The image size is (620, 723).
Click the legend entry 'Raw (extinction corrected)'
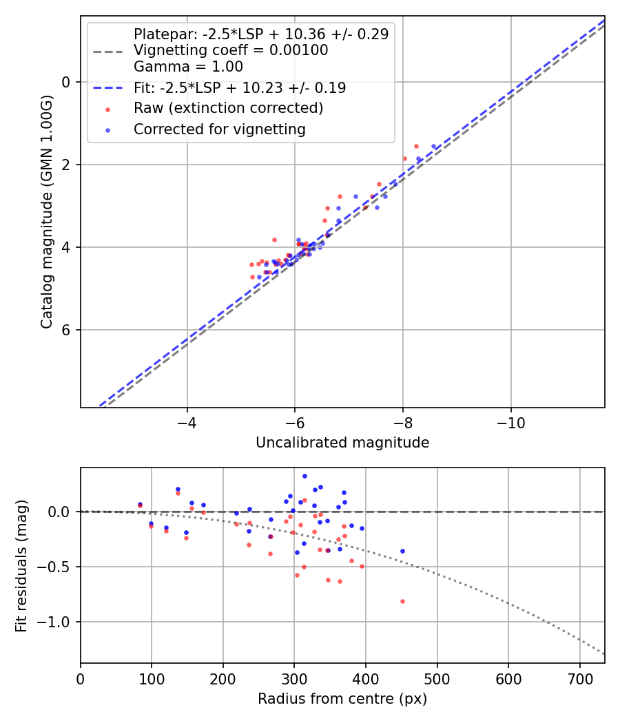(228, 108)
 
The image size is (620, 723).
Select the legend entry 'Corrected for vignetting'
(220, 129)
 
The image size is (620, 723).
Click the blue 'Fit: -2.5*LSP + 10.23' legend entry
(240, 88)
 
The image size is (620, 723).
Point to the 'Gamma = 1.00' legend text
(188, 67)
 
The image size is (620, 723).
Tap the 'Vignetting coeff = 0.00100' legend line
(231, 50)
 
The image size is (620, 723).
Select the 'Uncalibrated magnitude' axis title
(342, 443)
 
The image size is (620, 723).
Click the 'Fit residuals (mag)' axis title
(21, 565)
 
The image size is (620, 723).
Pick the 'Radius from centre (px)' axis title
(342, 699)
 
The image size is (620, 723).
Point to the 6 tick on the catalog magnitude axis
(67, 330)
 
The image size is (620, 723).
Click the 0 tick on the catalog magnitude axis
(67, 82)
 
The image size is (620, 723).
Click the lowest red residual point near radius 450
(402, 601)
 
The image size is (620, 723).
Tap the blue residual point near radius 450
(402, 551)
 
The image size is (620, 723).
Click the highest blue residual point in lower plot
(304, 476)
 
